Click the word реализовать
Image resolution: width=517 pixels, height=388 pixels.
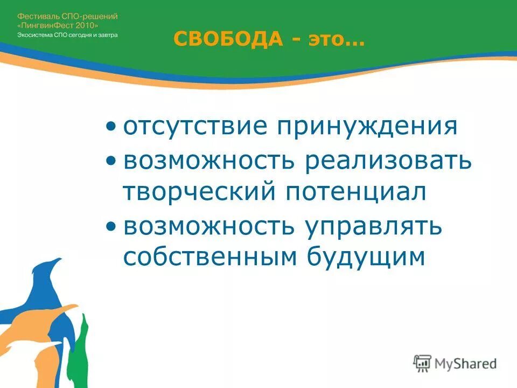point(388,161)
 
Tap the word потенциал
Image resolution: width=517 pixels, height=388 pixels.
point(355,192)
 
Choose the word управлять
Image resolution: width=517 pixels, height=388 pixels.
point(375,226)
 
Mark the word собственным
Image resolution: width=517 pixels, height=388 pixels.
point(211,257)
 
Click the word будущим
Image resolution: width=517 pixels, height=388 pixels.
point(366,258)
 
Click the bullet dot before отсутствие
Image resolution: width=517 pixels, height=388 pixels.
point(110,127)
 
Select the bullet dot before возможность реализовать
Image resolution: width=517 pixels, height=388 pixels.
point(110,161)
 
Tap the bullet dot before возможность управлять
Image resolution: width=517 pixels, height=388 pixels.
point(110,226)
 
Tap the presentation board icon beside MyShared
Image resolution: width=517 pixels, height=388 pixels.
point(422,363)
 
